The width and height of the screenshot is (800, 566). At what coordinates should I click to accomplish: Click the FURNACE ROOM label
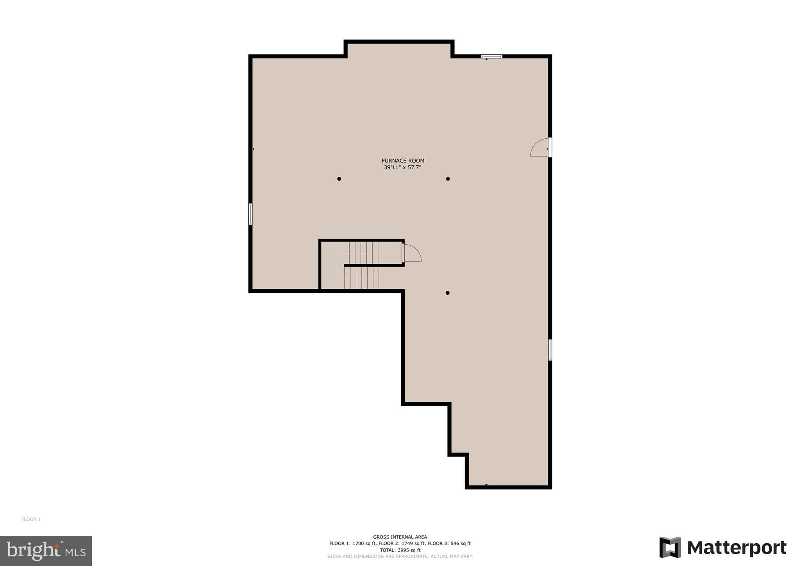point(403,161)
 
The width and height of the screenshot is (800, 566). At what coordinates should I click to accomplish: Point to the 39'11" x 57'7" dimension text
point(402,168)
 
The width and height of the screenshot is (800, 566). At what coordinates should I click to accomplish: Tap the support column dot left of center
point(339,179)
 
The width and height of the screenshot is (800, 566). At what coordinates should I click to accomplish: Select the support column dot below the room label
point(448,179)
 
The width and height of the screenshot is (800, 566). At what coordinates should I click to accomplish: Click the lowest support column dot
point(447,293)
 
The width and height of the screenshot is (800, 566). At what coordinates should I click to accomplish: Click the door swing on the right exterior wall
point(539,148)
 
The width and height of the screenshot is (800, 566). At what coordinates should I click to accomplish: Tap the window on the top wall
point(492,56)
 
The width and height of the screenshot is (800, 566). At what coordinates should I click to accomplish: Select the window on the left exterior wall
point(250,214)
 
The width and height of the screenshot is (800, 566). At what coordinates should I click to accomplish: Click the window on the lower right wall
point(550,349)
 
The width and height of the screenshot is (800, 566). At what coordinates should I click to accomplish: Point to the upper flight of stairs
point(364,253)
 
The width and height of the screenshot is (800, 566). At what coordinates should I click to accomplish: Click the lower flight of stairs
point(362,278)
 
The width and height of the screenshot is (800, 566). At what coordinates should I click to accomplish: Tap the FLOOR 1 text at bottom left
point(31,519)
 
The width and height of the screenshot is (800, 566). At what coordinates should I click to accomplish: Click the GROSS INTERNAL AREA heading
point(400,537)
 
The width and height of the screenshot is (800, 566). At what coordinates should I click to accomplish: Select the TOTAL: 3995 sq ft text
point(400,550)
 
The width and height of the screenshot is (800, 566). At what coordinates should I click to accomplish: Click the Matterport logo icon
point(670,547)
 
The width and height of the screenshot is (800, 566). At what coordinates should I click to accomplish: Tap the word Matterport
point(737,548)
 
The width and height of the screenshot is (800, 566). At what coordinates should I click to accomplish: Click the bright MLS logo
point(46,551)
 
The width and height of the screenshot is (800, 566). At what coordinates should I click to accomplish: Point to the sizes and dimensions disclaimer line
point(400,556)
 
